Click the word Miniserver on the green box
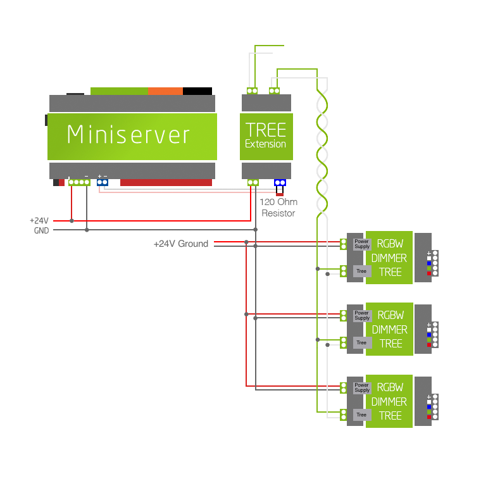(128, 135)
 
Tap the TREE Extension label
(266, 135)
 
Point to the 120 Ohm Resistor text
(278, 208)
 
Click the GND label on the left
(41, 230)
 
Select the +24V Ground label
(180, 244)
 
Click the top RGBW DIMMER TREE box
(390, 258)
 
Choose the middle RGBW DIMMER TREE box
(390, 329)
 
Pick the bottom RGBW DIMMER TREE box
(390, 401)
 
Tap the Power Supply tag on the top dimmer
(361, 244)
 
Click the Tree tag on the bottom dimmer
(361, 415)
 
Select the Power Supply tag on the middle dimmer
(361, 315)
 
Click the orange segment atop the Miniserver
(165, 91)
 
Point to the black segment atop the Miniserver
(197, 91)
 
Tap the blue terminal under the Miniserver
(103, 183)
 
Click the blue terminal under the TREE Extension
(280, 183)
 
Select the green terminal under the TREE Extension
(253, 183)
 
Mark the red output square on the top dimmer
(429, 273)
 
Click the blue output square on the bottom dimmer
(429, 406)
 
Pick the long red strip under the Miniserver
(166, 183)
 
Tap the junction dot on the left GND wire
(87, 230)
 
